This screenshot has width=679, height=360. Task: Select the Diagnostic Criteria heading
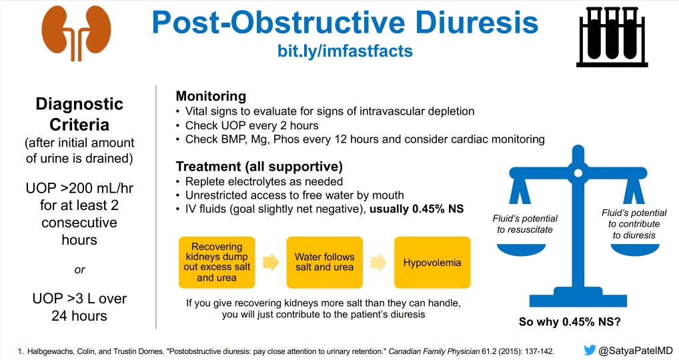(79, 114)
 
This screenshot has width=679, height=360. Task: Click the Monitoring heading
(210, 96)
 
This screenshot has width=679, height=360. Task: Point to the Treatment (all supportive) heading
(259, 166)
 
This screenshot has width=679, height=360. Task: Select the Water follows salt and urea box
(324, 262)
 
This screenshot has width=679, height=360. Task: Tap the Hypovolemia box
(432, 262)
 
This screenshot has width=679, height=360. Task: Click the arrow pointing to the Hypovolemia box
(378, 262)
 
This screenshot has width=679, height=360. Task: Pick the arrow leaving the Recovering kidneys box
(270, 262)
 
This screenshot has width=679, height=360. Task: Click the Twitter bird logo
(590, 350)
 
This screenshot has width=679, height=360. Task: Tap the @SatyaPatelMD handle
(636, 350)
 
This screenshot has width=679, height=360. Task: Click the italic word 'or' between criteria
(79, 270)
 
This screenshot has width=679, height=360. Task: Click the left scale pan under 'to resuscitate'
(525, 247)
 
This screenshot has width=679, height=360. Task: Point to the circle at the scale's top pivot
(578, 175)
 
